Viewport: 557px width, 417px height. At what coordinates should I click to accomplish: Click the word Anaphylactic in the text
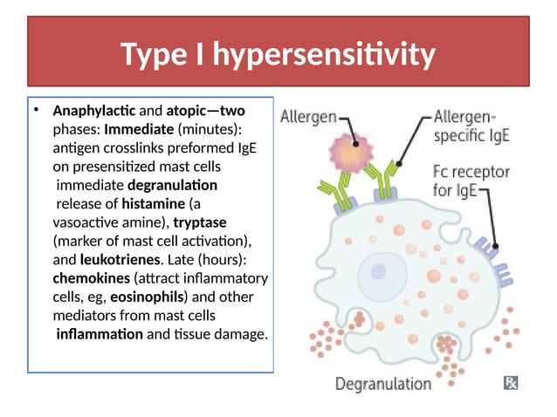click(88, 112)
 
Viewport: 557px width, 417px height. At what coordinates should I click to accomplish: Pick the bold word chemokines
click(89, 277)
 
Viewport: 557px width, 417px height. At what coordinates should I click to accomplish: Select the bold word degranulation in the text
click(173, 185)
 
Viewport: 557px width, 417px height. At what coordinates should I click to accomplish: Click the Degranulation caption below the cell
click(383, 382)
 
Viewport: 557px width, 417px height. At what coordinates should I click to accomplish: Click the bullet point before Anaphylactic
click(37, 112)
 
